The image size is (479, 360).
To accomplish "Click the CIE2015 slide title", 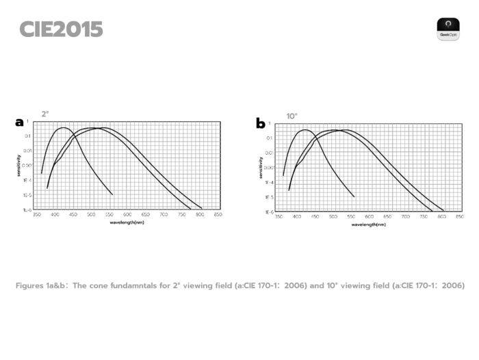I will click(61, 29).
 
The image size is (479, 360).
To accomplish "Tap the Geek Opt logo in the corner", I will click(448, 29).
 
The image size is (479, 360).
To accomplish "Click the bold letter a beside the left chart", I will click(19, 123).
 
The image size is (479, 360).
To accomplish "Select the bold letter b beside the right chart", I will click(260, 124).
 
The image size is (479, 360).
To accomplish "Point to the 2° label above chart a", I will click(45, 114).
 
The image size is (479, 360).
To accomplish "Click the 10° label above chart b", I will click(292, 116).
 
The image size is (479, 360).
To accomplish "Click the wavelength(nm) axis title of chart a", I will click(127, 222).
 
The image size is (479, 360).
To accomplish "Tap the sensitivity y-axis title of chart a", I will click(20, 166).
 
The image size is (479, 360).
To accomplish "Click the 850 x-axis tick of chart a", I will click(218, 215).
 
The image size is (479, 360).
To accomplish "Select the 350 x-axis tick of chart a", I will click(37, 215).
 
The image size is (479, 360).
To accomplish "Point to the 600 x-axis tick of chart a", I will click(127, 215).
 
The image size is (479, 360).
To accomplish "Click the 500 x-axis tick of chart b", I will click(333, 217).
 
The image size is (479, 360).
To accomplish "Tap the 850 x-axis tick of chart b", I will click(459, 217).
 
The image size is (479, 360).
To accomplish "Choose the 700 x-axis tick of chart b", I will click(405, 217).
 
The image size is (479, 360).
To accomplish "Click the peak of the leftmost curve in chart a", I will click(64, 128).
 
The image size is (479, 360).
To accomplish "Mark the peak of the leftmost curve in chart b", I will click(305, 130).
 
